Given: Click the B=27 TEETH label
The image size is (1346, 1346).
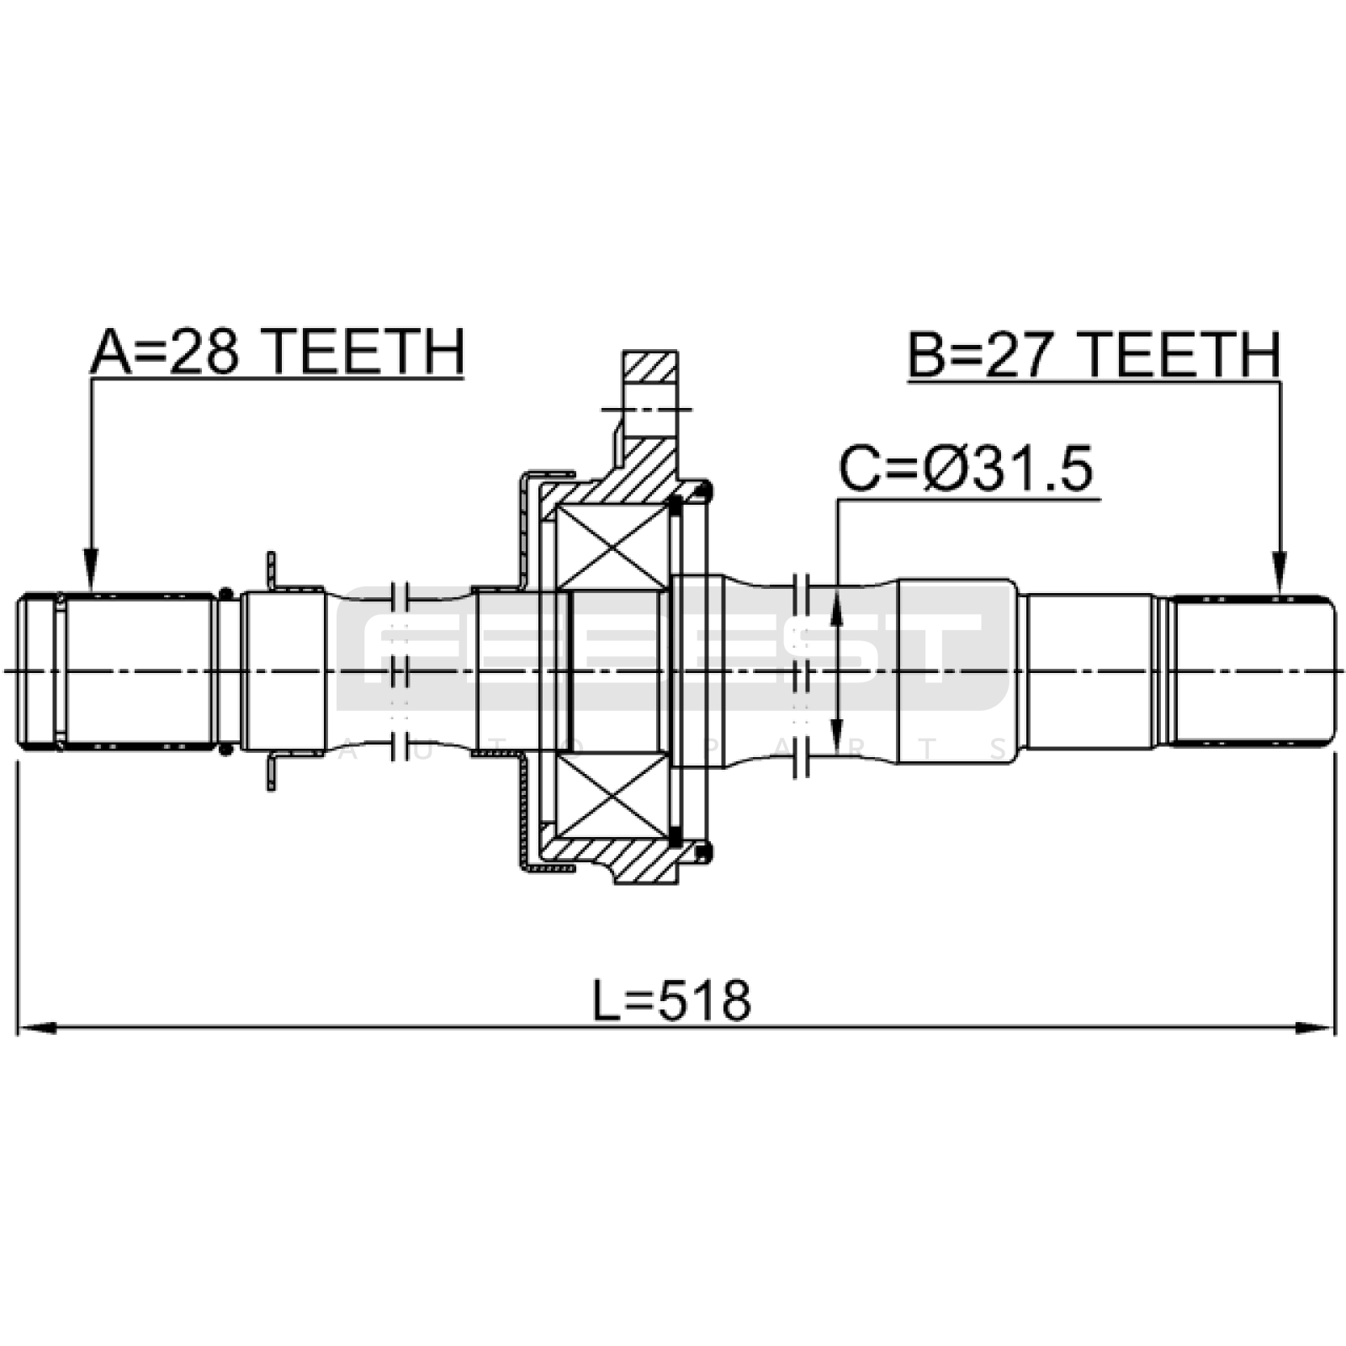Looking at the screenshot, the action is [x=1094, y=354].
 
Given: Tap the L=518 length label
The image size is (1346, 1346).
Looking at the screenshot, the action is [x=671, y=1000].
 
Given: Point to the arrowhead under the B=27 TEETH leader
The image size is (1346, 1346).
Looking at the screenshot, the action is [x=1280, y=572].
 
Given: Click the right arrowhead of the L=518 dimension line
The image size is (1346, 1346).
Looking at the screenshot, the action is [x=1315, y=1028].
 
